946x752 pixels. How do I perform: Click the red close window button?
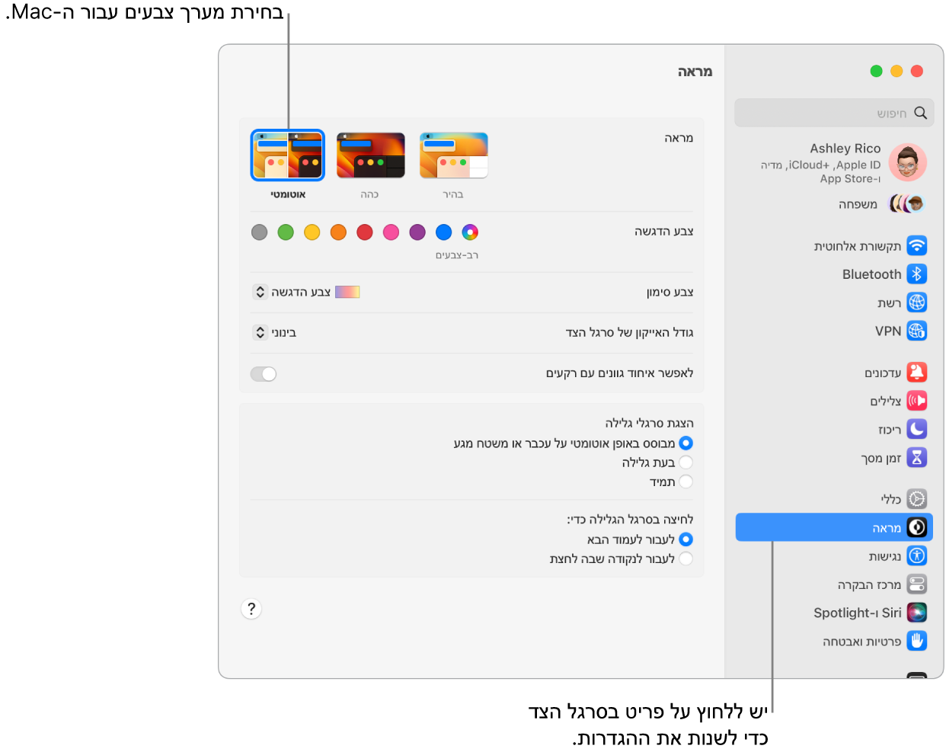(917, 71)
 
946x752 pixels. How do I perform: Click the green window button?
(876, 71)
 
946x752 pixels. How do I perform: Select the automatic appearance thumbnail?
(288, 155)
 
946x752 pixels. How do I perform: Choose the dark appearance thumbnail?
(371, 155)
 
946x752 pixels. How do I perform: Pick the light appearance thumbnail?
(454, 155)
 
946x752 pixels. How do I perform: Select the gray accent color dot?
(260, 232)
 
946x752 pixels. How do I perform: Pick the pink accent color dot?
(391, 232)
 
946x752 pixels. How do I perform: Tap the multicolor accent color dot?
(470, 232)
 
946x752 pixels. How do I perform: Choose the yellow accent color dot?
(312, 232)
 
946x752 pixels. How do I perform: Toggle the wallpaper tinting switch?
(264, 374)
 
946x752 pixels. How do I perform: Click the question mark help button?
(251, 609)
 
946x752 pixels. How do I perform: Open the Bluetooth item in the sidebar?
(871, 274)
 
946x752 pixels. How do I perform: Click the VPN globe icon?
(917, 331)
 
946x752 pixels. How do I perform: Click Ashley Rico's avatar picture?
(907, 162)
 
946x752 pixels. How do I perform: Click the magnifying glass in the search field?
(921, 113)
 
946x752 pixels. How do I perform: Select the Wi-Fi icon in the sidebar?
(917, 245)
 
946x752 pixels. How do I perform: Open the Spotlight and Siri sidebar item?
(857, 613)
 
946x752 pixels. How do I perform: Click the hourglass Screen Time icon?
(917, 457)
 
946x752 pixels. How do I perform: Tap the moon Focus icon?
(917, 429)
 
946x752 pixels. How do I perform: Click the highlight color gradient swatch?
(347, 292)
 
